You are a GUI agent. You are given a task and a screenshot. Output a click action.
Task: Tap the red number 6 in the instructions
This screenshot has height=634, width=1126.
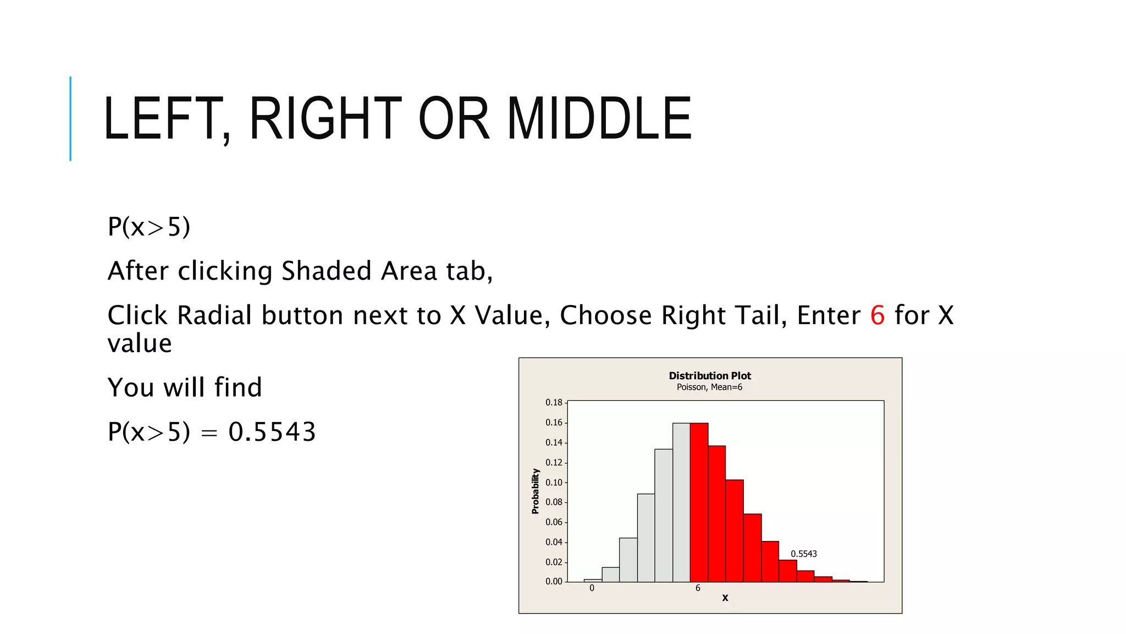tap(877, 315)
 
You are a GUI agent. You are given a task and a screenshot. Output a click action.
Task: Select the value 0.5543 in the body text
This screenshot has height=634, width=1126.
tap(272, 431)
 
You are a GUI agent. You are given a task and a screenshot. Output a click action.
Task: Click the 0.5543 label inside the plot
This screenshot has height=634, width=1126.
tap(803, 554)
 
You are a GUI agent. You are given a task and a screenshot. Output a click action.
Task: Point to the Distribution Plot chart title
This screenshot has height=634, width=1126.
tap(709, 375)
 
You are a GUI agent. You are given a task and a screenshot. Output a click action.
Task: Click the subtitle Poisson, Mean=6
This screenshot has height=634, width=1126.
tap(709, 387)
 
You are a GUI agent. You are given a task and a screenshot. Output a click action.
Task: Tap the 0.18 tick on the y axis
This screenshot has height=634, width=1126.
tap(554, 402)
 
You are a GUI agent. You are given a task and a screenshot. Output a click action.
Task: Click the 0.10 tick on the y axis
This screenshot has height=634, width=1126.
tap(554, 482)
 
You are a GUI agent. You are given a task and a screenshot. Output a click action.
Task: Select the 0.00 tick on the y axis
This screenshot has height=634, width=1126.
tap(554, 581)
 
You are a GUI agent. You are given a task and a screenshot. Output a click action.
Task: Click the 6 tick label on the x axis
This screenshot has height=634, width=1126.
tap(698, 588)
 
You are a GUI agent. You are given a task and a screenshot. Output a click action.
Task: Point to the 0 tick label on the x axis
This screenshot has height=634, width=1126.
tap(592, 588)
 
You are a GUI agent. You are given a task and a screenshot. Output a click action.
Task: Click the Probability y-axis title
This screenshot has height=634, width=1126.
tap(535, 491)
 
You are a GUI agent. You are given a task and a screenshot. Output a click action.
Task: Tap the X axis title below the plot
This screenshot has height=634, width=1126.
tap(725, 598)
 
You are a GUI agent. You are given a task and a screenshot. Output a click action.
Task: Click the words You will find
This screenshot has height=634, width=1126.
tap(185, 387)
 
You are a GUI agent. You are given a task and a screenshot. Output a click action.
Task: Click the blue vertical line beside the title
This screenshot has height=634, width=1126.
tap(70, 118)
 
